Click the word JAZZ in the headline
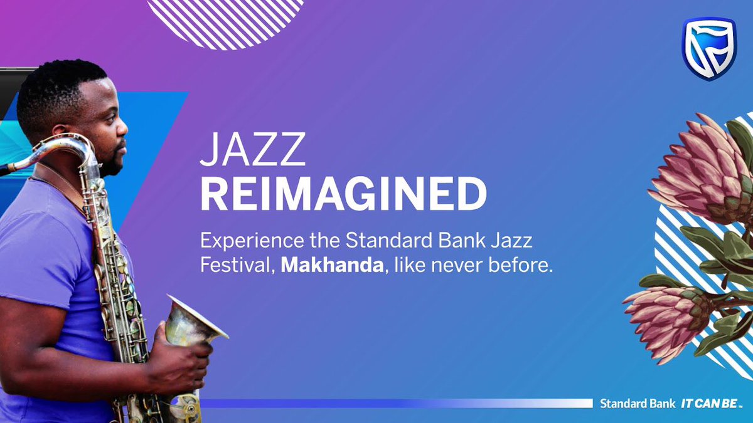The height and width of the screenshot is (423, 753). (253, 150)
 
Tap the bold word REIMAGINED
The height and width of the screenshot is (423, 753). (343, 194)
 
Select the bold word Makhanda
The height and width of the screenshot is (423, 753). (332, 265)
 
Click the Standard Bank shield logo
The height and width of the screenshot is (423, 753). (708, 49)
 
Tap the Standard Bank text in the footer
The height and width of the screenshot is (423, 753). (637, 404)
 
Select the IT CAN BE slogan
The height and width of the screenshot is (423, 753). (712, 404)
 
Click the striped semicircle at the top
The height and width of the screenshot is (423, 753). (226, 19)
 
